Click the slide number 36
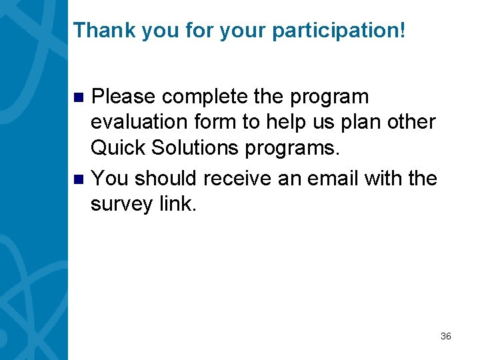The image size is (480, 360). [x=446, y=336]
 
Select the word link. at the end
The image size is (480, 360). [x=178, y=204]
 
